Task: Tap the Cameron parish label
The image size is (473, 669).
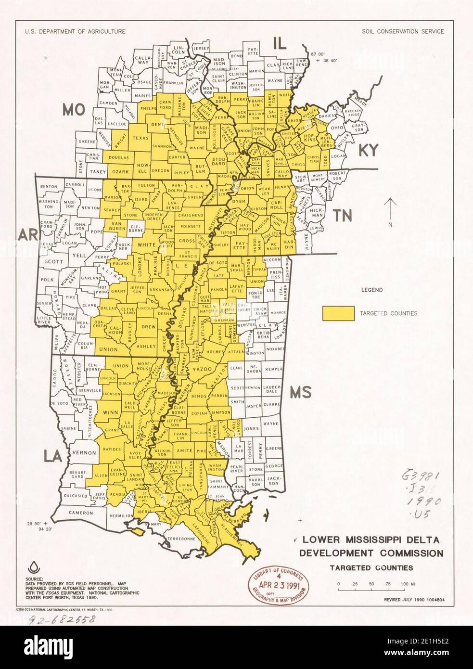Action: [x=80, y=513]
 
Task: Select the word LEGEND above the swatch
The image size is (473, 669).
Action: [x=372, y=290]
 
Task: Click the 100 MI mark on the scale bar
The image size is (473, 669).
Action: [x=404, y=584]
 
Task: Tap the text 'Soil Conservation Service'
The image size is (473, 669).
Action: [x=403, y=31]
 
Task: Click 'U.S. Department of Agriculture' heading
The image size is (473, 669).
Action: [x=76, y=31]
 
